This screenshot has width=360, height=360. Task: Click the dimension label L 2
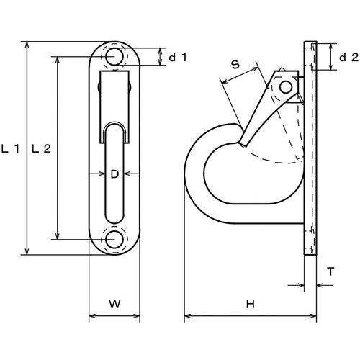click(x=42, y=149)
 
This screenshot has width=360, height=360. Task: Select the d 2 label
click(x=348, y=56)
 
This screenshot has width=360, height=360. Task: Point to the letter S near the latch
click(x=235, y=65)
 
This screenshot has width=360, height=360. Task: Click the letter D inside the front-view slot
click(x=114, y=173)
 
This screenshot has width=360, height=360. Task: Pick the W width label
click(x=114, y=304)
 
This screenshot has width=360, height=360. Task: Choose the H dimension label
click(x=250, y=304)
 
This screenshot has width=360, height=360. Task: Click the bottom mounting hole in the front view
click(x=114, y=240)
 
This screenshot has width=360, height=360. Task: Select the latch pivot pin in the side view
click(x=287, y=87)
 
